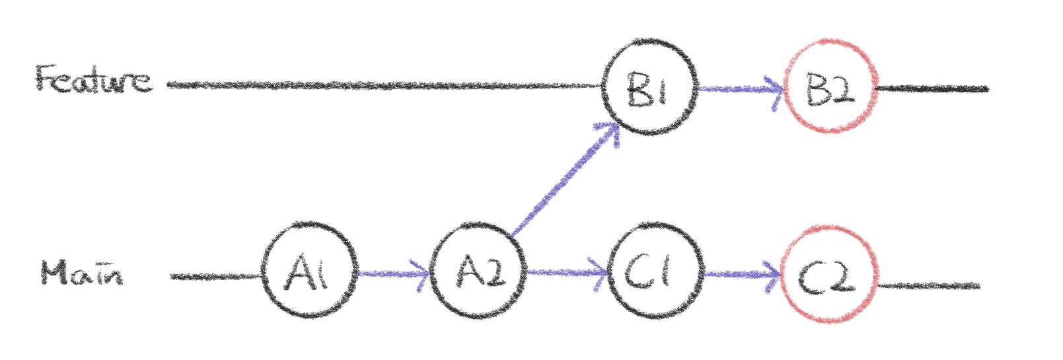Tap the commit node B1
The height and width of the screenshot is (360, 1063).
pyautogui.click(x=649, y=89)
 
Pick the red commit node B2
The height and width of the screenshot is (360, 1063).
pyautogui.click(x=830, y=88)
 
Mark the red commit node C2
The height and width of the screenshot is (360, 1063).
pyautogui.click(x=829, y=275)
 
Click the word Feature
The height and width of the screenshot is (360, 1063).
pyautogui.click(x=92, y=80)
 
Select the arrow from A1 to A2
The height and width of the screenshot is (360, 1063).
pyautogui.click(x=393, y=271)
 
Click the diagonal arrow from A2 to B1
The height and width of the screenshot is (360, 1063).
pyautogui.click(x=565, y=179)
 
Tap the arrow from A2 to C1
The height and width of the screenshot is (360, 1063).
pyautogui.click(x=568, y=271)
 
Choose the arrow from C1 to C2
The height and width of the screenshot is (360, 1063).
pyautogui.click(x=741, y=271)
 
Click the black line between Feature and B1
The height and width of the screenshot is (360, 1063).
pyautogui.click(x=383, y=85)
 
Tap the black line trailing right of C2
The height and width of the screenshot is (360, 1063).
pyautogui.click(x=928, y=285)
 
